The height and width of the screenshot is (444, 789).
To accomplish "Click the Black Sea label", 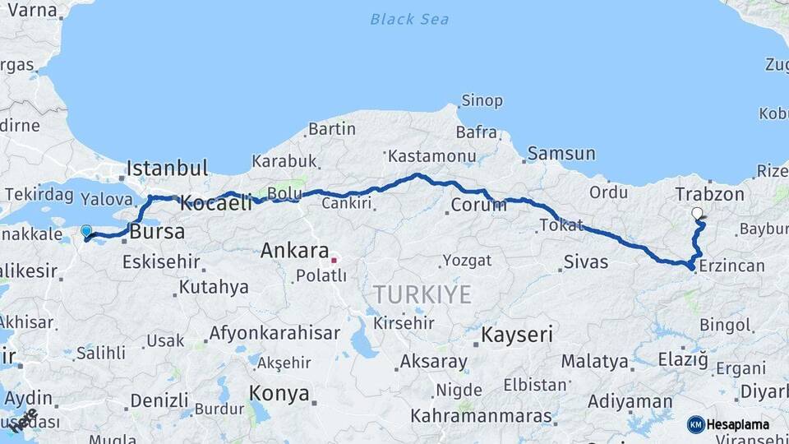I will (409, 18).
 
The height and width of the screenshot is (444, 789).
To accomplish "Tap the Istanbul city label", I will (167, 169).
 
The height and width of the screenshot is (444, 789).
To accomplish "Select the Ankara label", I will (295, 252).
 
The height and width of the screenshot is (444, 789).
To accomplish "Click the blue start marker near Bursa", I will (86, 231).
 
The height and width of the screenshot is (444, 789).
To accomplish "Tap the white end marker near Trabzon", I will (698, 214).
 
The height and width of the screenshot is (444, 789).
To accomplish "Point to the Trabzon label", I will (709, 195).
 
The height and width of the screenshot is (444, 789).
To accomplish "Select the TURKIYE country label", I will (422, 294).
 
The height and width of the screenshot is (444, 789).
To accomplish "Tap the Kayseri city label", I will (517, 335).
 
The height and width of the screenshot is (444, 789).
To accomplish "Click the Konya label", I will (279, 393).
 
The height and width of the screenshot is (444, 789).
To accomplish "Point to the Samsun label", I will (561, 153).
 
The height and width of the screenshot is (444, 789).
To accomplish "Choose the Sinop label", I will (482, 101).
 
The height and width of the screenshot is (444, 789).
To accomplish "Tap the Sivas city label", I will (586, 262).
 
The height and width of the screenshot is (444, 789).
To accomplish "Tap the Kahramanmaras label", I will (482, 415).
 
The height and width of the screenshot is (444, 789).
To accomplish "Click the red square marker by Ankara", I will (335, 261).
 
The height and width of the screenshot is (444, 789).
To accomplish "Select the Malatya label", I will (596, 361).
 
